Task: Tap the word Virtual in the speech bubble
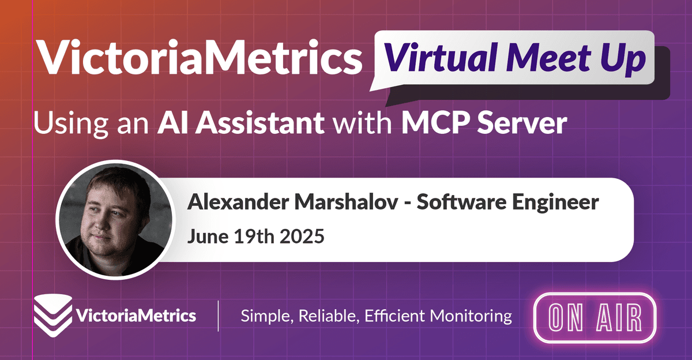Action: point(440,58)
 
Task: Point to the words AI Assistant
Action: point(241,123)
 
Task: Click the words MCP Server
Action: point(484,123)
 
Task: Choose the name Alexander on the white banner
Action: point(238,202)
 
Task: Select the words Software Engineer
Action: point(508,202)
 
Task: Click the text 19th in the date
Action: point(254,236)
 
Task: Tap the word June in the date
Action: point(208,237)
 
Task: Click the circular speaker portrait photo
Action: point(115,220)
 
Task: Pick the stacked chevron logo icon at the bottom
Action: point(53,316)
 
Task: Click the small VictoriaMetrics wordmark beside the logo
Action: point(136,316)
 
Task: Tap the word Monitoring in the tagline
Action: point(471,316)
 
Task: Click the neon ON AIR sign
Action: point(595,318)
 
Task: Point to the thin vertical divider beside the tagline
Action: point(218,316)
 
